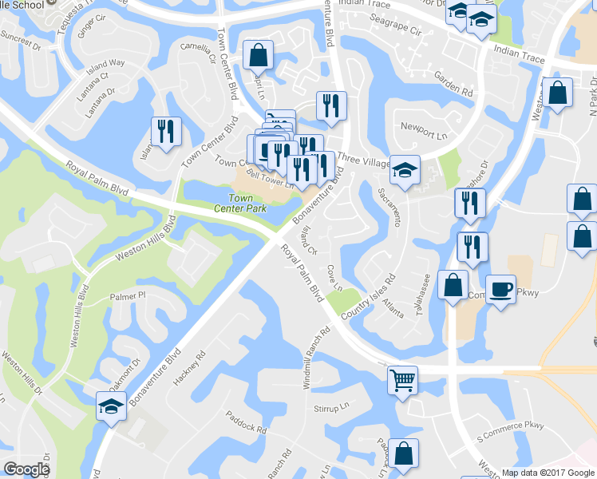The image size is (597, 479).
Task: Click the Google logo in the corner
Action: tap(26, 469)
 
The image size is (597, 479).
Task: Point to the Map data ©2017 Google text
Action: tap(548, 473)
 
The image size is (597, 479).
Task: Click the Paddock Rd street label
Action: tap(246, 423)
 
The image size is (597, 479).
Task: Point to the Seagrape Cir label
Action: tap(394, 30)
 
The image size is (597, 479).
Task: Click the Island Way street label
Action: tap(106, 62)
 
